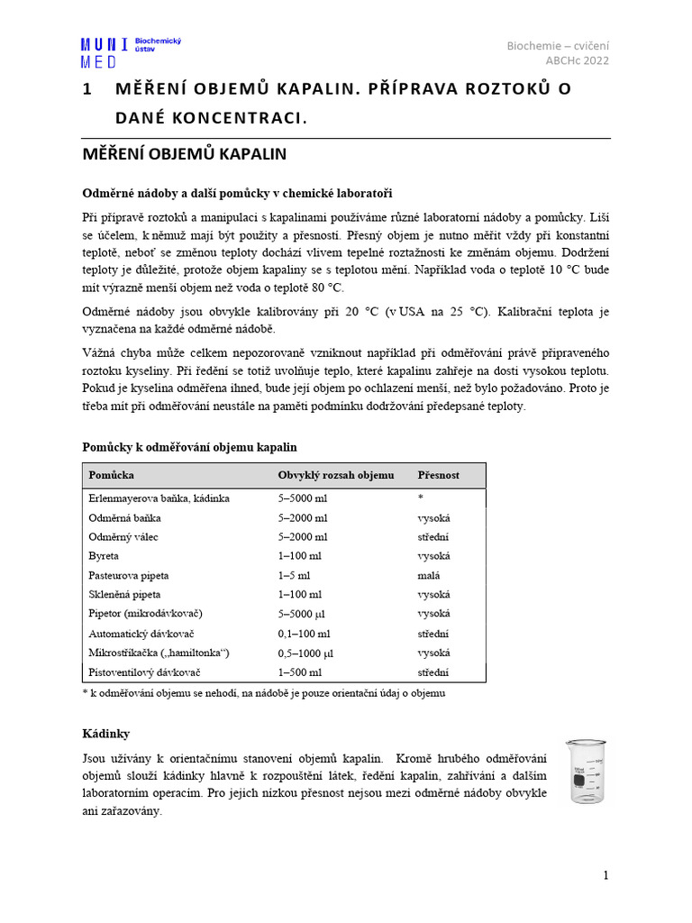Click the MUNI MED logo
[x=105, y=52]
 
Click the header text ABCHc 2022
[x=577, y=61]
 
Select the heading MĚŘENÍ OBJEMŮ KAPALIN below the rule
[x=184, y=154]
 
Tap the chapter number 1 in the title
[x=87, y=89]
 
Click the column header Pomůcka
[x=111, y=475]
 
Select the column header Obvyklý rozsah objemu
[x=335, y=475]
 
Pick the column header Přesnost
[x=438, y=475]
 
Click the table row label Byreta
[x=104, y=556]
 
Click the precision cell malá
[x=429, y=575]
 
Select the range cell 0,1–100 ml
[x=305, y=634]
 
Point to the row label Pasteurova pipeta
[x=129, y=575]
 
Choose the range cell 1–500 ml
[x=300, y=672]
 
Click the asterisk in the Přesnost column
[x=420, y=498]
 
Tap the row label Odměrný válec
[x=123, y=536]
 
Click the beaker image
[x=585, y=771]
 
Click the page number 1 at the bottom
[x=606, y=875]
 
